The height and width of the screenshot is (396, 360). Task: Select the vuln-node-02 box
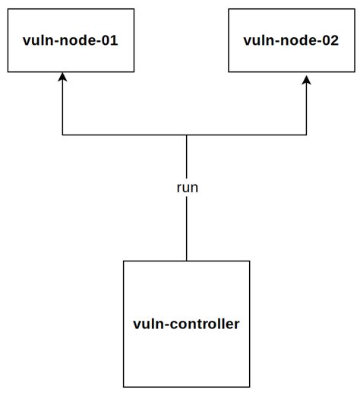click(x=291, y=41)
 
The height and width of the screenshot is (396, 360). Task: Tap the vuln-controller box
click(x=186, y=324)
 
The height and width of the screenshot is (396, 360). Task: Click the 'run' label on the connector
click(x=186, y=187)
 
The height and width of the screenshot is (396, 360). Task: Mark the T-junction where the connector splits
click(x=186, y=135)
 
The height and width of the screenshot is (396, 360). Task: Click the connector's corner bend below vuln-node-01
click(x=63, y=135)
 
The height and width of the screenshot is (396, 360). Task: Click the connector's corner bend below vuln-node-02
click(x=307, y=135)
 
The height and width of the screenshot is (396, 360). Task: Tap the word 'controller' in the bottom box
click(x=203, y=324)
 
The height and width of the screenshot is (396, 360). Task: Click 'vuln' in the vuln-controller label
click(x=147, y=324)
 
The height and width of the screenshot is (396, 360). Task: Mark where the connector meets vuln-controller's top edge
click(x=186, y=261)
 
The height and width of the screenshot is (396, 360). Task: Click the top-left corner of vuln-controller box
click(x=124, y=261)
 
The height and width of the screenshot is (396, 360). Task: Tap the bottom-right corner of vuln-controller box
click(x=249, y=386)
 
